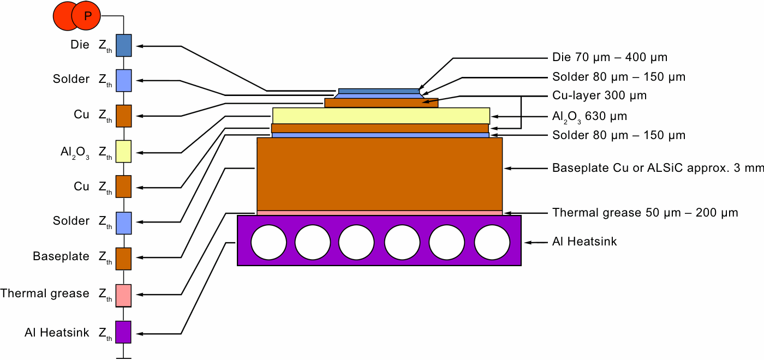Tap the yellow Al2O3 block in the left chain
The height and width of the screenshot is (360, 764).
point(123,151)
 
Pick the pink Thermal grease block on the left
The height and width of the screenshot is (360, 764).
point(123,295)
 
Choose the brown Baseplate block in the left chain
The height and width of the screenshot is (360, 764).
point(123,258)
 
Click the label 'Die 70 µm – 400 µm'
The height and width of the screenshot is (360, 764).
point(610,57)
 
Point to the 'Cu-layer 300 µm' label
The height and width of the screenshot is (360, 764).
point(599,96)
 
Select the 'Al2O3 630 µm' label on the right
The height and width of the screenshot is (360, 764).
point(589,116)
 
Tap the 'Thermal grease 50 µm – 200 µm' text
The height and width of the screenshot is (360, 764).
point(645,213)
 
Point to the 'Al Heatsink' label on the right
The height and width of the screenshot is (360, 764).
point(584,241)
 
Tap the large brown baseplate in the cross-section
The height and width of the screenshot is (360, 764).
point(379,173)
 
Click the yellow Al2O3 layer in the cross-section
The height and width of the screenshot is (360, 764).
point(381,116)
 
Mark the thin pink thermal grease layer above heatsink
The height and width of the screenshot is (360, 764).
point(379,213)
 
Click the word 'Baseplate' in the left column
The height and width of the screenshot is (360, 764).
point(61,256)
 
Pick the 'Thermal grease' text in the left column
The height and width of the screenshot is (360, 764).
point(45,293)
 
